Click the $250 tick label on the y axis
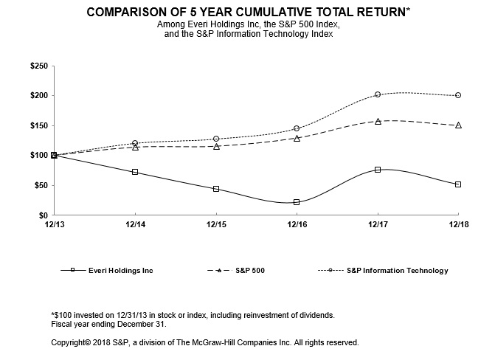[x=39, y=66]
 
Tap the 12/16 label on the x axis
[x=297, y=224]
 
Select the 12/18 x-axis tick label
[x=458, y=224]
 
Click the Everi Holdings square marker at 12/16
[x=297, y=202]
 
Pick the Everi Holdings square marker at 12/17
[x=378, y=170]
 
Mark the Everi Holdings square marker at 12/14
[x=135, y=172]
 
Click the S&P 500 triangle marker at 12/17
[x=378, y=121]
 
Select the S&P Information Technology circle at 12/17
[x=378, y=94]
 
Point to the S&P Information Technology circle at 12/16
[x=297, y=128]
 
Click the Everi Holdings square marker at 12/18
[x=458, y=184]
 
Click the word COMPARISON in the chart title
[x=128, y=13]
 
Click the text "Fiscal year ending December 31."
[x=109, y=324]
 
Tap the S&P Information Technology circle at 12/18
[x=458, y=95]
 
